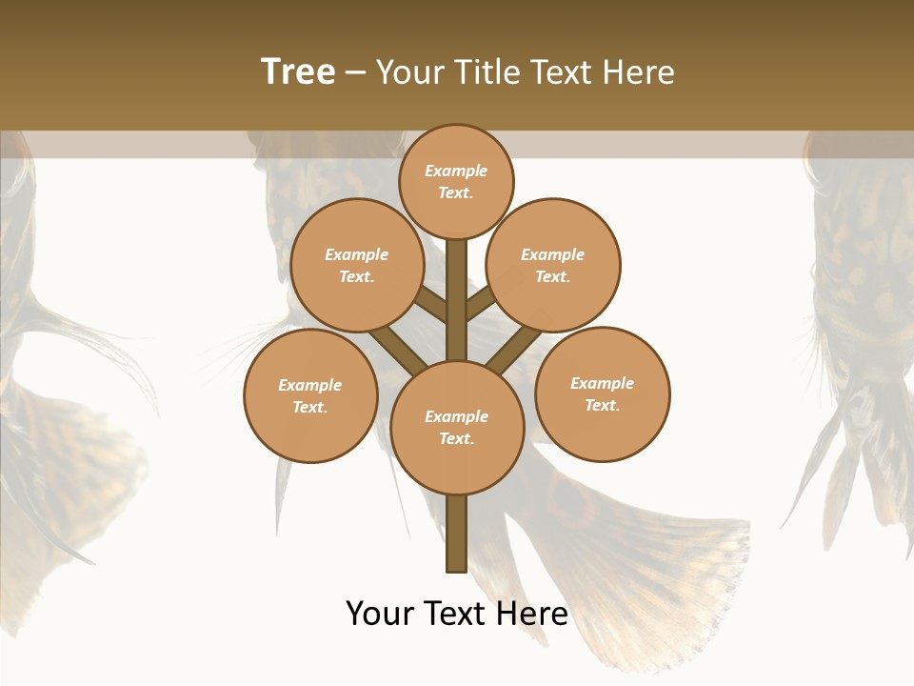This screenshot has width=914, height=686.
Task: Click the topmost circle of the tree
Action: pyautogui.click(x=456, y=181)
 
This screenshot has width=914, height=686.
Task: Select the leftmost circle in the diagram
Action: pyautogui.click(x=310, y=395)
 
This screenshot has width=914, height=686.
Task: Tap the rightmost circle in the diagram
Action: pyautogui.click(x=603, y=393)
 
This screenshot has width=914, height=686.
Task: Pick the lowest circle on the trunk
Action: pyautogui.click(x=457, y=428)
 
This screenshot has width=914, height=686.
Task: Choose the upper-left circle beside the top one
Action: pyautogui.click(x=357, y=265)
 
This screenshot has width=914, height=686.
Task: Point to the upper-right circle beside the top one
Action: pyautogui.click(x=553, y=265)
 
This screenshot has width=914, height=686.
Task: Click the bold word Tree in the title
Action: pyautogui.click(x=298, y=71)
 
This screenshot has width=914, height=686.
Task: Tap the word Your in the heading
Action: pyautogui.click(x=407, y=71)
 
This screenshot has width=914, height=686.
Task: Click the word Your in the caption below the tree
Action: pyautogui.click(x=380, y=613)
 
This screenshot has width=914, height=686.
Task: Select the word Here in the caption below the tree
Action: pyautogui.click(x=532, y=613)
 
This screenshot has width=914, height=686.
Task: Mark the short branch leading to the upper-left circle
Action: pyautogui.click(x=433, y=305)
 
